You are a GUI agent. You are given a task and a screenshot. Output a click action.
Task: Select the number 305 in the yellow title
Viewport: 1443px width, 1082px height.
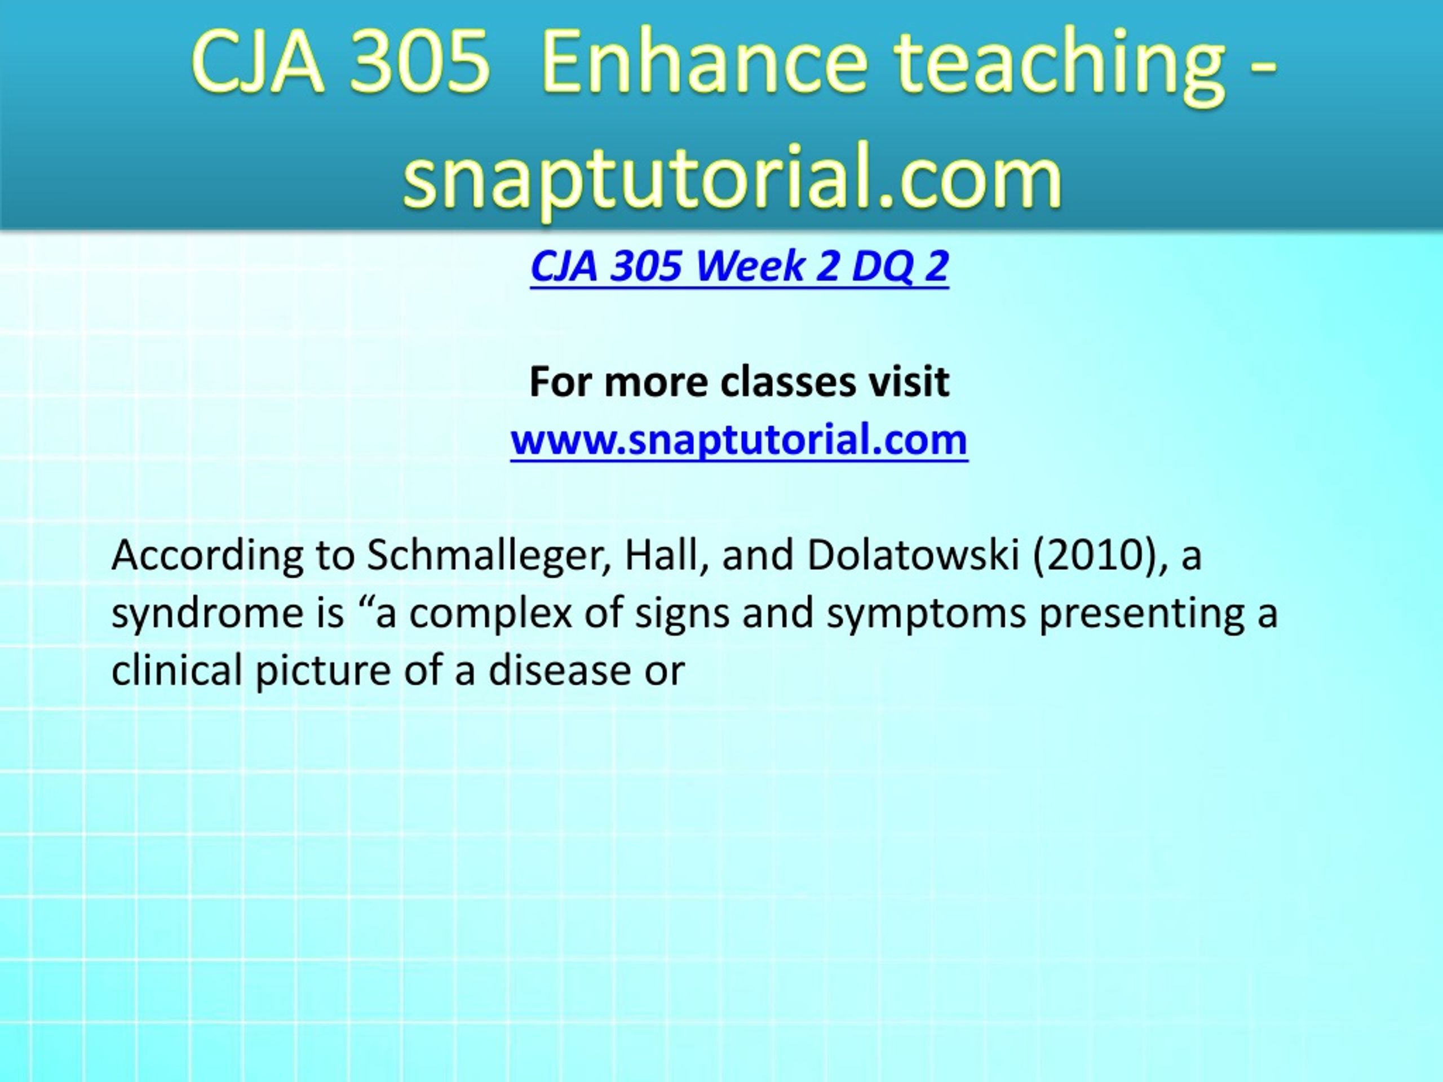418,63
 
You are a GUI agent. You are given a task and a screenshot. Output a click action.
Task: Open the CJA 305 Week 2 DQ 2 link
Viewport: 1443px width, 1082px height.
739,266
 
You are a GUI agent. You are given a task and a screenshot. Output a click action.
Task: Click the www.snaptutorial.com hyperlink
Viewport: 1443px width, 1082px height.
739,440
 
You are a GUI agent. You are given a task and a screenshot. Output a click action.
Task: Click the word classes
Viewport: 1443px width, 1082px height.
788,382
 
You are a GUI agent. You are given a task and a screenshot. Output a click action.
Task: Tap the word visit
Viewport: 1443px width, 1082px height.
909,382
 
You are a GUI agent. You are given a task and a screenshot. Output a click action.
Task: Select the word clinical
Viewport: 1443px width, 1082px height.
177,671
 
